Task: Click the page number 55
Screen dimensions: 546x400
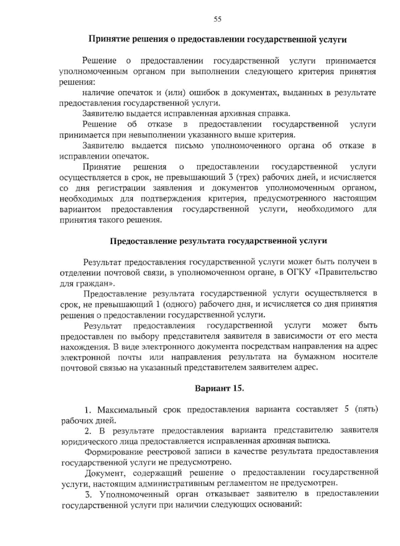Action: click(217, 19)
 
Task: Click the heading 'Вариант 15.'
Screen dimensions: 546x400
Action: click(220, 388)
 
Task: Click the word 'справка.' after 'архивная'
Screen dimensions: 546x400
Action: click(271, 113)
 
